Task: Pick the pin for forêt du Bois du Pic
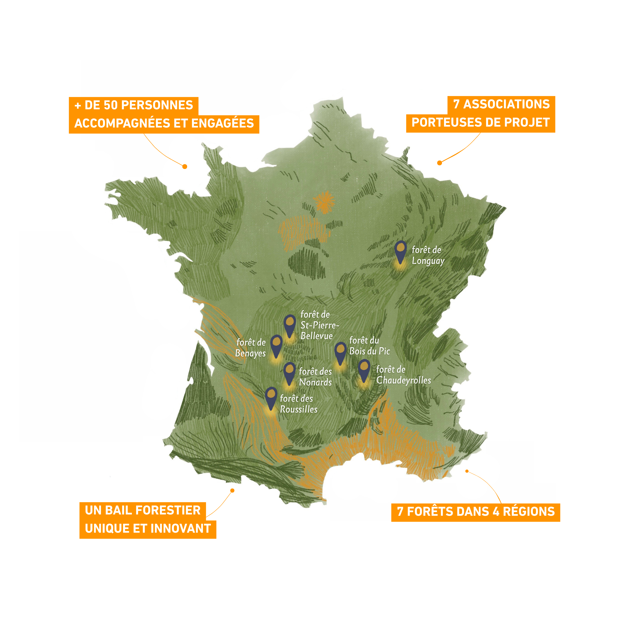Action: click(340, 352)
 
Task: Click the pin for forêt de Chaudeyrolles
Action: click(364, 369)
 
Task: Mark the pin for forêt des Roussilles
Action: click(271, 397)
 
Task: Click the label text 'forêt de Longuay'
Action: click(427, 255)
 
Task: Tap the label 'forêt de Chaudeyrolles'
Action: click(403, 375)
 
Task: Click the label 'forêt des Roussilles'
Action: click(298, 404)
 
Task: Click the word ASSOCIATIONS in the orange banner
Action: click(506, 105)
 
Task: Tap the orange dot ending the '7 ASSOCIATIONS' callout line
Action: click(439, 163)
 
